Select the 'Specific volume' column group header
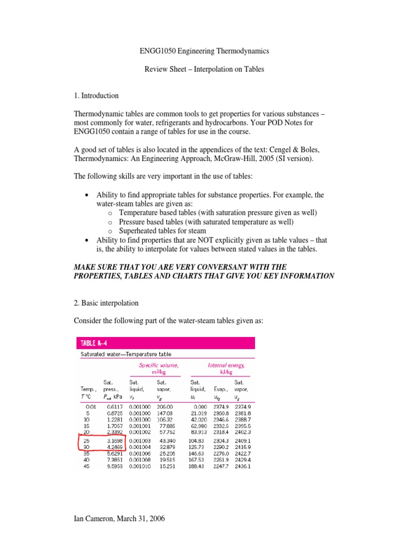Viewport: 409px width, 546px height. pos(159,368)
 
